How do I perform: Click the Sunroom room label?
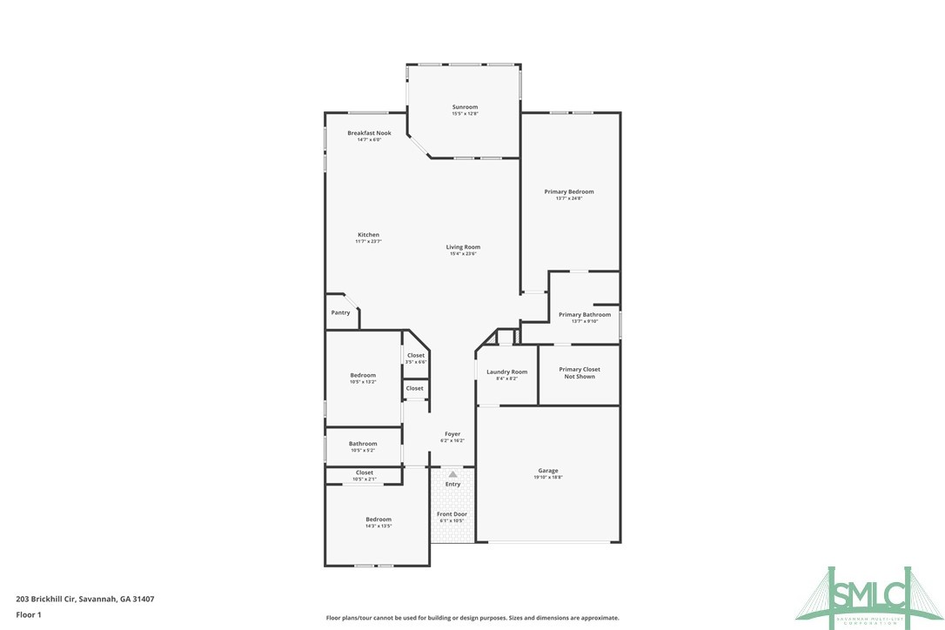465,108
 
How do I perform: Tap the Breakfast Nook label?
369,134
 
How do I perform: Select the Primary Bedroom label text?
569,192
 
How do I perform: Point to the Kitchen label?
368,235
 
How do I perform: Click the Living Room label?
463,247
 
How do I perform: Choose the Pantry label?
340,312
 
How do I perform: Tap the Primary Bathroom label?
584,315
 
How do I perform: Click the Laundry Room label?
506,372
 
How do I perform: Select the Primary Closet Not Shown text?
580,372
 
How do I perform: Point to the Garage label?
548,471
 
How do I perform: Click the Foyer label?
452,434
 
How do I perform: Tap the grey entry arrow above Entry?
452,474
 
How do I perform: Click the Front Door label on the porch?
452,514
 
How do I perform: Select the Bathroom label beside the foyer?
363,444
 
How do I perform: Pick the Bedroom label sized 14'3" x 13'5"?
378,519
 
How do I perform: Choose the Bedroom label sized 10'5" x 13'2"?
363,376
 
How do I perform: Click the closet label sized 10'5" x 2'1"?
364,473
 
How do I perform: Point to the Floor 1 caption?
29,614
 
